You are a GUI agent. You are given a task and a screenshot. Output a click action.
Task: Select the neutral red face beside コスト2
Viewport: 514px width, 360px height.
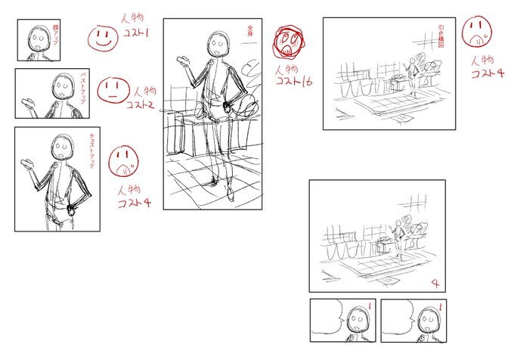point(110,90)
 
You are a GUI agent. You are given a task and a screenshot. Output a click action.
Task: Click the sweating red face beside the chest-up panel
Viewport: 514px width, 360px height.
point(124,160)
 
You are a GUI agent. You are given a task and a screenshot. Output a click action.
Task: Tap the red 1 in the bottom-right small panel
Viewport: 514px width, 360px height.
point(438,306)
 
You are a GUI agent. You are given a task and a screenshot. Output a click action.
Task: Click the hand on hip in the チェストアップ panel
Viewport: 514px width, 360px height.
point(73,203)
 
